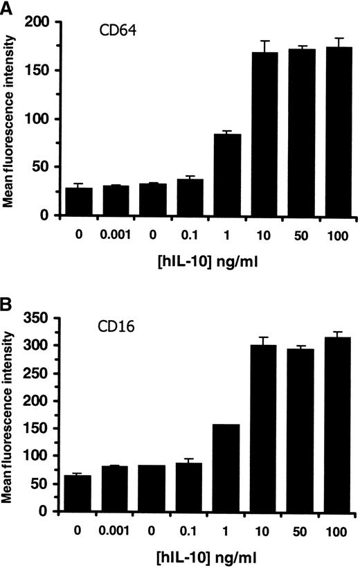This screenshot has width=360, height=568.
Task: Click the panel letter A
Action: pos(6,6)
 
